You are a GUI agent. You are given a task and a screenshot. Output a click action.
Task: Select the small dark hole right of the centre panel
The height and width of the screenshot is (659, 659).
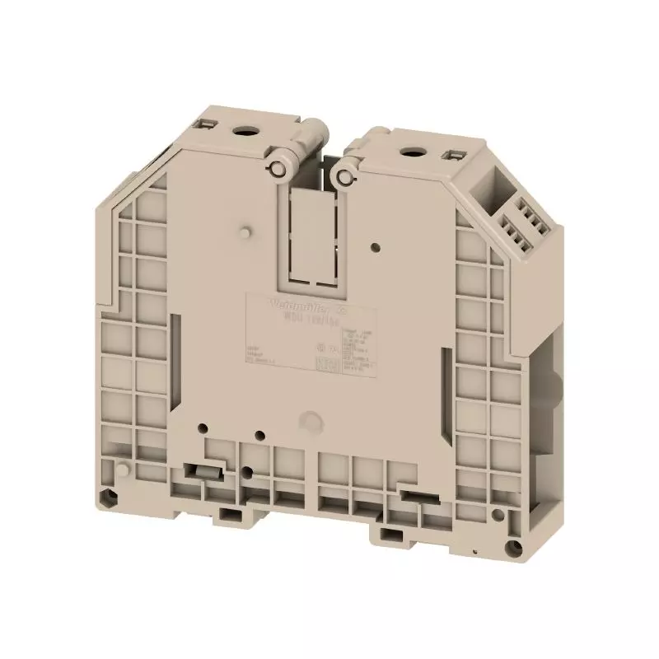point(376,245)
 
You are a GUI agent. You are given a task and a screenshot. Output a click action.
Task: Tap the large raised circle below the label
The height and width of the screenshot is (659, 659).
point(311,419)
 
